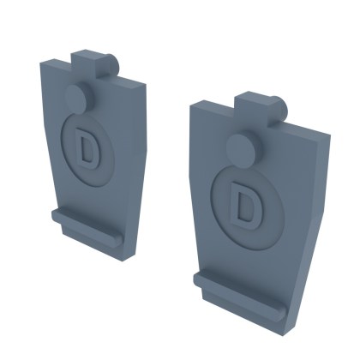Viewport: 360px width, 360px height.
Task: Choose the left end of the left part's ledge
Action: (x=57, y=214)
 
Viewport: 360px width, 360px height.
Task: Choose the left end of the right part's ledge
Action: (x=198, y=279)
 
